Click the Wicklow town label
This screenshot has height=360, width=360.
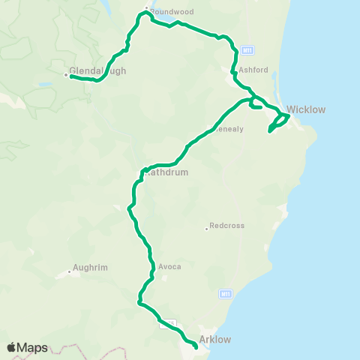pyautogui.click(x=307, y=109)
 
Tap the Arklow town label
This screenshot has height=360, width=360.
pyautogui.click(x=215, y=339)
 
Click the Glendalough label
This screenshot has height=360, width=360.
pyautogui.click(x=97, y=72)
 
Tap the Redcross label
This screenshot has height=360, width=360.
pyautogui.click(x=226, y=225)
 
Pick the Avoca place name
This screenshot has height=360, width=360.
pyautogui.click(x=170, y=266)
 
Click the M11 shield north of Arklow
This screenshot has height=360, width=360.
pyautogui.click(x=225, y=292)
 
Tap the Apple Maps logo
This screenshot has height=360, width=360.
pyautogui.click(x=27, y=347)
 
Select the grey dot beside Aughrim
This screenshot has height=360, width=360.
pyautogui.click(x=69, y=271)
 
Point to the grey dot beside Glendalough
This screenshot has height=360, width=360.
pyautogui.click(x=65, y=74)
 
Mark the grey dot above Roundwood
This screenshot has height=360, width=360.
pyautogui.click(x=146, y=9)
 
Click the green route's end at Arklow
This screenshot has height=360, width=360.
pyautogui.click(x=196, y=347)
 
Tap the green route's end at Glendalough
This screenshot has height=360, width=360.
pyautogui.click(x=71, y=76)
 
